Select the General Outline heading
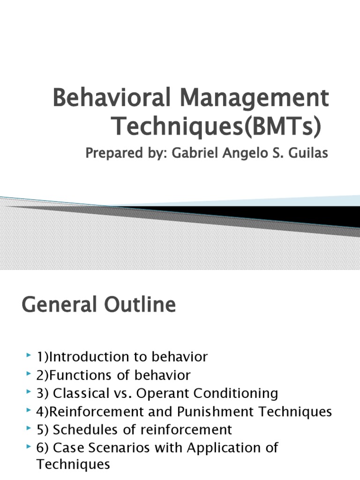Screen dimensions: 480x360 [98, 305]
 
